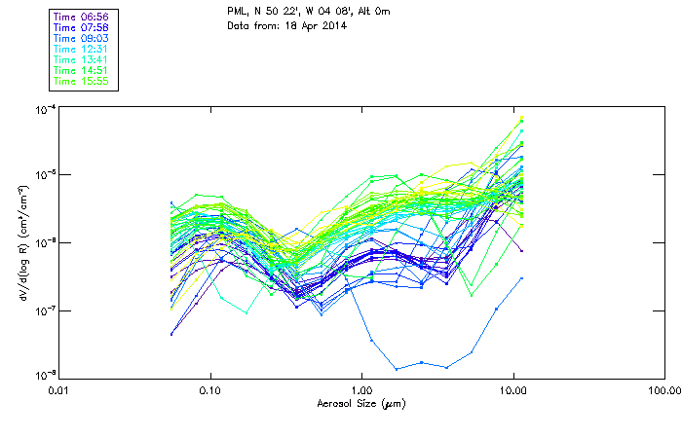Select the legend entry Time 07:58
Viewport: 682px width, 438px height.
[x=82, y=27]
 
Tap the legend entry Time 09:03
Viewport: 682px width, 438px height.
[x=82, y=38]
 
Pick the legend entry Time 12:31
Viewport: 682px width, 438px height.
[x=82, y=49]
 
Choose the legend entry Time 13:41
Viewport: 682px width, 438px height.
[x=82, y=59]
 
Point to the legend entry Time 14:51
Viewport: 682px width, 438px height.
[x=82, y=70]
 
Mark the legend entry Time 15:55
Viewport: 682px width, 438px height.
[x=82, y=81]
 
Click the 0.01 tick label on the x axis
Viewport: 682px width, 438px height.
[x=59, y=389]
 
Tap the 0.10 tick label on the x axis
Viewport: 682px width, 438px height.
[x=210, y=389]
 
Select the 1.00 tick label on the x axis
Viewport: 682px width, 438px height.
[x=361, y=389]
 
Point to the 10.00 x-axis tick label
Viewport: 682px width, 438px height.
[x=512, y=389]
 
